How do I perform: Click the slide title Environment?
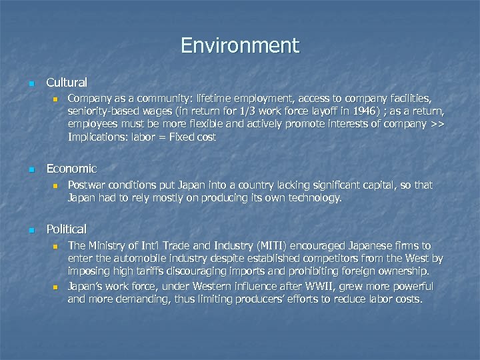coord(240,46)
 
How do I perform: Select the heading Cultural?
coord(67,83)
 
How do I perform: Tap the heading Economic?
coord(71,169)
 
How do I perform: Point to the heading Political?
coord(67,229)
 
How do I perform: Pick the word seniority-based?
coord(101,111)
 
